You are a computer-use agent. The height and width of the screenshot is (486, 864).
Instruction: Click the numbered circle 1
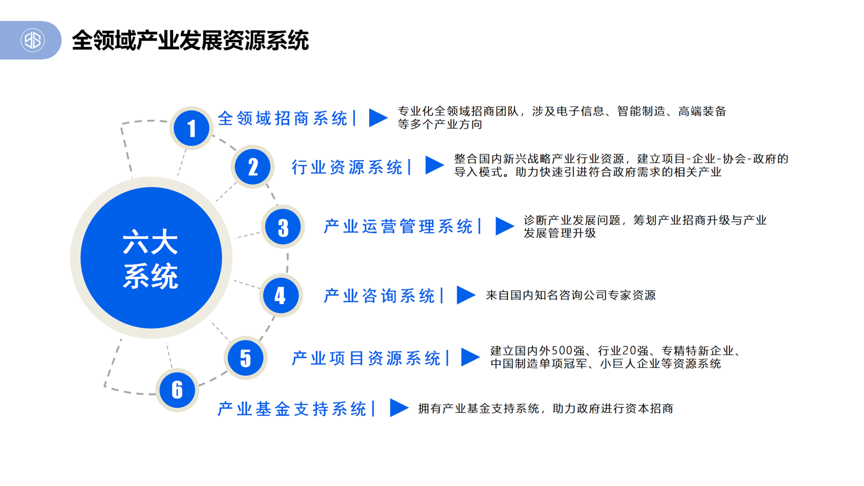click(x=192, y=128)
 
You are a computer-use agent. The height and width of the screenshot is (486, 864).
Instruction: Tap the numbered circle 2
click(x=253, y=167)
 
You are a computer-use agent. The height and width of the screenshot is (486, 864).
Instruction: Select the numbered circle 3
click(x=283, y=227)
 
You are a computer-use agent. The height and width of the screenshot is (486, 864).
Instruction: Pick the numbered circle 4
click(x=281, y=295)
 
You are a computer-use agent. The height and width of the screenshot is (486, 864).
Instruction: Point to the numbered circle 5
click(x=246, y=358)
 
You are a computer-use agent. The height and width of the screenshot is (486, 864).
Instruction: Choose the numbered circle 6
click(x=177, y=390)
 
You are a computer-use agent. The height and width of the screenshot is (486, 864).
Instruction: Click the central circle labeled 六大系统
click(x=151, y=258)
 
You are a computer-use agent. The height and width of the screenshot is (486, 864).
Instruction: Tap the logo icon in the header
click(x=32, y=40)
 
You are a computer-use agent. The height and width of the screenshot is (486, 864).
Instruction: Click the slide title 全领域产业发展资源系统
click(x=190, y=40)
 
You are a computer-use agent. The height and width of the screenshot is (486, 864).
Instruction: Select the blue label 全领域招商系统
click(x=282, y=118)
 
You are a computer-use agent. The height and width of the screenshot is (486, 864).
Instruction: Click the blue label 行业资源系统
click(x=347, y=167)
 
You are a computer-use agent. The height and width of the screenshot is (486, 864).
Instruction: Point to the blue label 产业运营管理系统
click(x=398, y=227)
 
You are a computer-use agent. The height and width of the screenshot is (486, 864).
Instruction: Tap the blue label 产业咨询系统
click(x=379, y=296)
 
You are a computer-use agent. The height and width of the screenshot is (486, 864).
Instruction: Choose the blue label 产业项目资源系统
click(x=366, y=358)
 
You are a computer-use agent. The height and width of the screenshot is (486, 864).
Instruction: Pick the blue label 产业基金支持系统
click(x=292, y=409)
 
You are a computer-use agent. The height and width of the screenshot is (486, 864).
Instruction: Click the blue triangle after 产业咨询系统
click(x=466, y=295)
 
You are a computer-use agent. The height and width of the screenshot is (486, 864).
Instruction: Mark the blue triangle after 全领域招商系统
click(x=378, y=117)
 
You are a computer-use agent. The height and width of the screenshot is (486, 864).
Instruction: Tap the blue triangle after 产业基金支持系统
click(x=399, y=408)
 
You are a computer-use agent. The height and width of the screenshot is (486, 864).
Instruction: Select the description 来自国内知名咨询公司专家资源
click(x=571, y=295)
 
